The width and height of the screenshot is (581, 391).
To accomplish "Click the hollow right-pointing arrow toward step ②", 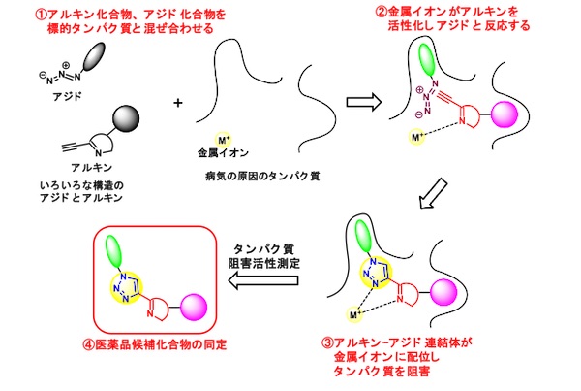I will tap(360, 100).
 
